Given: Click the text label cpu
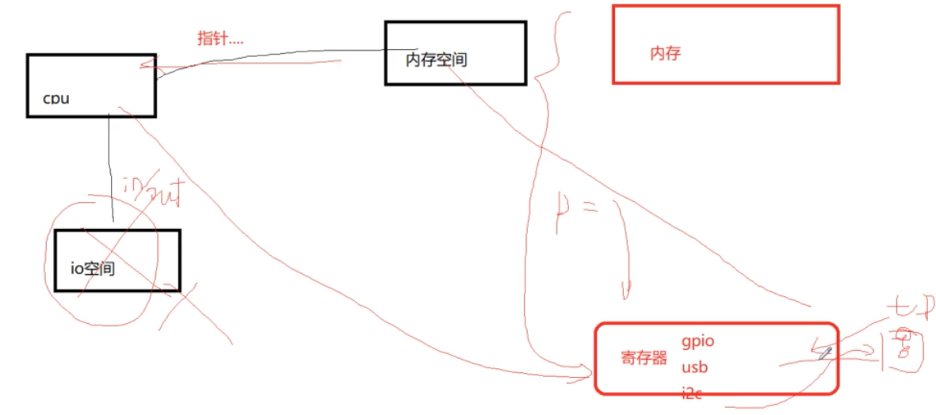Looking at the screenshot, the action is pos(56,98).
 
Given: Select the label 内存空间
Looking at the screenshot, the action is pos(436,59).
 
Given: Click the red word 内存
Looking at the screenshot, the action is pos(665,54).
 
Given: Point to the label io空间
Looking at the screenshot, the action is pos(93,268).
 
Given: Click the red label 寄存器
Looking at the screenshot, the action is pos(644,358).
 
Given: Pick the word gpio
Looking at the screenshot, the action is pos(697,341).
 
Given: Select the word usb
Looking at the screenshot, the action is pos(694,367).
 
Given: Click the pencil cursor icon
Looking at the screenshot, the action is pos(826,352).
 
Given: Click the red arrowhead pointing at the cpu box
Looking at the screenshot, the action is pos(146,68).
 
